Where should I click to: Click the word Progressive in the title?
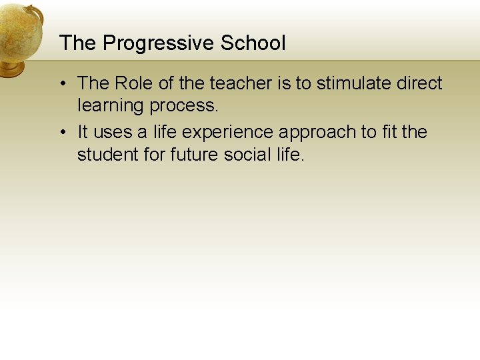tap(159, 44)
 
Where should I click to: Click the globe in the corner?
tap(19, 30)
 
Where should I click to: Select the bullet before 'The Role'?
tap(61, 84)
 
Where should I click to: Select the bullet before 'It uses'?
tap(61, 133)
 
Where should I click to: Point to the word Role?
tap(134, 83)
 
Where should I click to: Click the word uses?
tap(113, 132)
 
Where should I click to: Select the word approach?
tap(318, 133)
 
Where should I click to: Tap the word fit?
tap(391, 132)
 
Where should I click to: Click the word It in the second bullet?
tap(83, 132)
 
